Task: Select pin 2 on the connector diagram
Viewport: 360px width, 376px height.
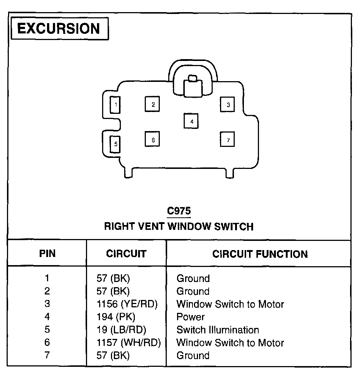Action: click(153, 104)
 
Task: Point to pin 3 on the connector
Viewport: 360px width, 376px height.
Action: click(228, 105)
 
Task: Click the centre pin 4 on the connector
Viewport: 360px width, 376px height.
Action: click(191, 121)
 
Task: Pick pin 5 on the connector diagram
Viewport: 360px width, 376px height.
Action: click(115, 144)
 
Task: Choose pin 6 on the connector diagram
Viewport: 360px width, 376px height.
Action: click(152, 140)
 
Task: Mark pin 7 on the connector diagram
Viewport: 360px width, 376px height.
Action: click(228, 140)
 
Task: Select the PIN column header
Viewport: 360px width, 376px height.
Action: click(47, 254)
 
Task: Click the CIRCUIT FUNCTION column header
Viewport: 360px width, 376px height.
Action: click(260, 254)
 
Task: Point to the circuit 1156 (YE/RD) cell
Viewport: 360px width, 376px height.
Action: click(127, 304)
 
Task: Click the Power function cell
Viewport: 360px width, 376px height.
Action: click(190, 317)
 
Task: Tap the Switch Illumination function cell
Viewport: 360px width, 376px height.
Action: click(217, 330)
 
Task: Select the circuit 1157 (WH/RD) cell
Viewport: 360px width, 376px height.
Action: click(129, 343)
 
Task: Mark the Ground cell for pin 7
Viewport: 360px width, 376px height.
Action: click(193, 355)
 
